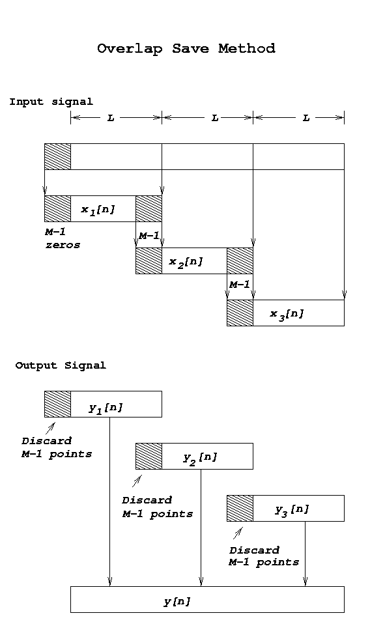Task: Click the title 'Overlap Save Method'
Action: (x=186, y=49)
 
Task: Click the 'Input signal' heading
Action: (x=51, y=102)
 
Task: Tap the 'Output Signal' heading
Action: (x=61, y=365)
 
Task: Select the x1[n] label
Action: (x=98, y=210)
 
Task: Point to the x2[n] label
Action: (x=186, y=262)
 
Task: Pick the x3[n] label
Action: (x=287, y=314)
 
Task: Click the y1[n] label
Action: (x=106, y=408)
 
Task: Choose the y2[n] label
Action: (x=200, y=457)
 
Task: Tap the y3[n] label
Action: (x=292, y=509)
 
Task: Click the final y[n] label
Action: (x=177, y=601)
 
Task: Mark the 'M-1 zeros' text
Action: (x=63, y=238)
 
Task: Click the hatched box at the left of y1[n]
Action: (x=57, y=404)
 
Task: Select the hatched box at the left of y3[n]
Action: (x=240, y=508)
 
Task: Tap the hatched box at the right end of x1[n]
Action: (x=149, y=208)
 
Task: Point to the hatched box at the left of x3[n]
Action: (x=240, y=313)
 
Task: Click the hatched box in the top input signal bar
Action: (x=57, y=157)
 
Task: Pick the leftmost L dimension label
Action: (x=111, y=118)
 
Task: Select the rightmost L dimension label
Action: (x=306, y=118)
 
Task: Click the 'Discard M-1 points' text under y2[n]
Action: (x=158, y=507)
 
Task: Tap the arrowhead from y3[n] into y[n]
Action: (x=305, y=582)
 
